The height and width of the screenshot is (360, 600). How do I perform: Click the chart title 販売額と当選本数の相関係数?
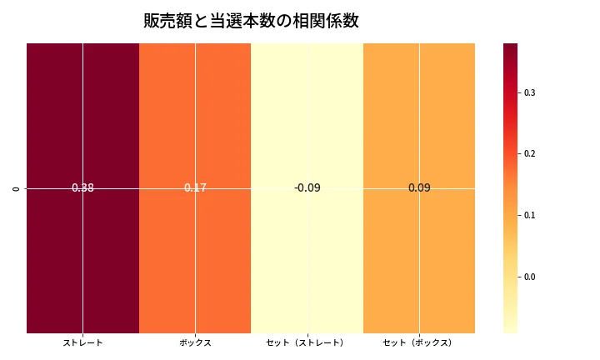click(251, 22)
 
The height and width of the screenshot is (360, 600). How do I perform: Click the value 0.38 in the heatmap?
click(82, 188)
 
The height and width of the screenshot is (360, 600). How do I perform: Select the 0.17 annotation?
click(195, 188)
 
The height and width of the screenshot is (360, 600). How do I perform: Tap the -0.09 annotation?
click(307, 188)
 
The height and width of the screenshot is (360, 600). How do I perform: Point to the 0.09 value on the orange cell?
click(419, 188)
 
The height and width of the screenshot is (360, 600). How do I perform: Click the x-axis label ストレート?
click(82, 342)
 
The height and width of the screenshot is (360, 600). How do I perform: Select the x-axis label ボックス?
click(195, 342)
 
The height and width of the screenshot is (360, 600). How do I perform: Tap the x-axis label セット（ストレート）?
click(307, 342)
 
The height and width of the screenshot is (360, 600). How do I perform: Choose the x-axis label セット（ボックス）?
click(419, 342)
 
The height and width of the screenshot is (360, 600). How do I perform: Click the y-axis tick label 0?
click(17, 188)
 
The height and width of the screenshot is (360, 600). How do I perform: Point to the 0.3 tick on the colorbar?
click(529, 92)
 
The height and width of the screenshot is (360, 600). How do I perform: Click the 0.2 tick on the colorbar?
click(529, 154)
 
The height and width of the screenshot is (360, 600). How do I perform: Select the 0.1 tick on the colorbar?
click(529, 216)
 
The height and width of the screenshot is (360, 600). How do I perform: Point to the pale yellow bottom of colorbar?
click(510, 327)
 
